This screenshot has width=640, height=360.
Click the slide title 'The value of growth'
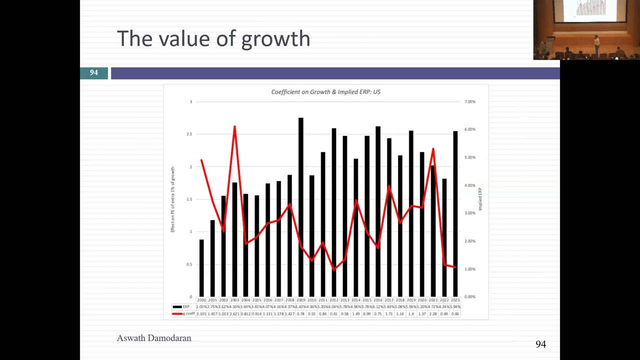point(213,38)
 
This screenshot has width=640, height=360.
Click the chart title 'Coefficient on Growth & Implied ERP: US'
point(325,92)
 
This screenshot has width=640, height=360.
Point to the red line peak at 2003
point(234,127)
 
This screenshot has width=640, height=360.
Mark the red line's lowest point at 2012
point(334,269)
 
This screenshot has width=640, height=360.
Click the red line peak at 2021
point(433,149)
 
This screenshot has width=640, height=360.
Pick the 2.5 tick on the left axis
point(189,134)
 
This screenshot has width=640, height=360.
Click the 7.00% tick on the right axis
point(469,101)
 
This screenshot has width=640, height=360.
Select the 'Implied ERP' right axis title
point(480,199)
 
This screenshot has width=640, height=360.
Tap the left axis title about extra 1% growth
point(173,199)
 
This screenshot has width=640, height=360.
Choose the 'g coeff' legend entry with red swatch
point(183,313)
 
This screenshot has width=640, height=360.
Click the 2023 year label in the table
point(455,300)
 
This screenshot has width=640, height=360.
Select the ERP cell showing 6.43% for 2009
point(301,306)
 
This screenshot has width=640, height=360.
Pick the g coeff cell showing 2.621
point(234,313)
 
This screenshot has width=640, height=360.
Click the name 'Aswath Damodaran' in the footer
point(154,338)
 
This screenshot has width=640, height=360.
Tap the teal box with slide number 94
point(94,73)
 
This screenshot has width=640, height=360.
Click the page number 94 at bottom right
point(540,344)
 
